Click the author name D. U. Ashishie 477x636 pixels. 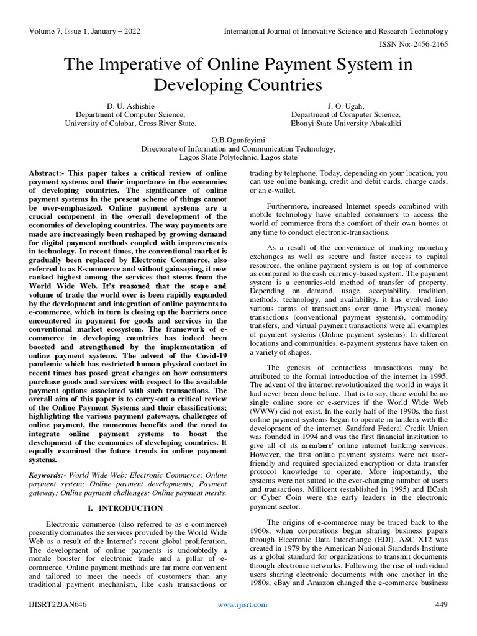click(x=130, y=106)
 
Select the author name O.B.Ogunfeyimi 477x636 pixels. click(x=238, y=140)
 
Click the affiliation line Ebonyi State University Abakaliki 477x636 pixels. click(x=346, y=124)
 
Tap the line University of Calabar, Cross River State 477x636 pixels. click(x=130, y=124)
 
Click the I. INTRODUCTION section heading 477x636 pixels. click(x=122, y=508)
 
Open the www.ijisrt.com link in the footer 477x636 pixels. click(x=242, y=604)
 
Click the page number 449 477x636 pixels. click(x=440, y=604)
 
